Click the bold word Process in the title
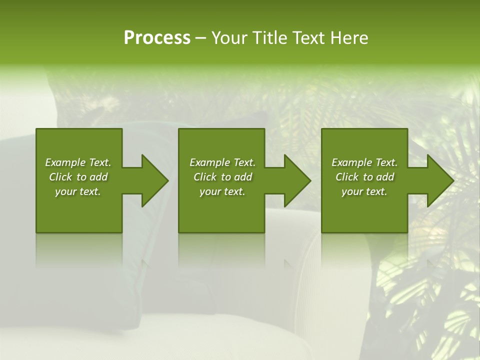[x=157, y=38]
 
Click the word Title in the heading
[x=269, y=38]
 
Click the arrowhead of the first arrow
[x=155, y=180]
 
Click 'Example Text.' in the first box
[x=78, y=162]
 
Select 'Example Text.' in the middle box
[x=222, y=162]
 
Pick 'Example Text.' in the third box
[x=364, y=162]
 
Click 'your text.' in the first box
[x=78, y=191]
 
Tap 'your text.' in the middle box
[x=222, y=191]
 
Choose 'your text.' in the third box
[x=364, y=191]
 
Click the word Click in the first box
[x=60, y=177]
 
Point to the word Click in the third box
[x=347, y=177]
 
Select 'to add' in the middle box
[x=236, y=177]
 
